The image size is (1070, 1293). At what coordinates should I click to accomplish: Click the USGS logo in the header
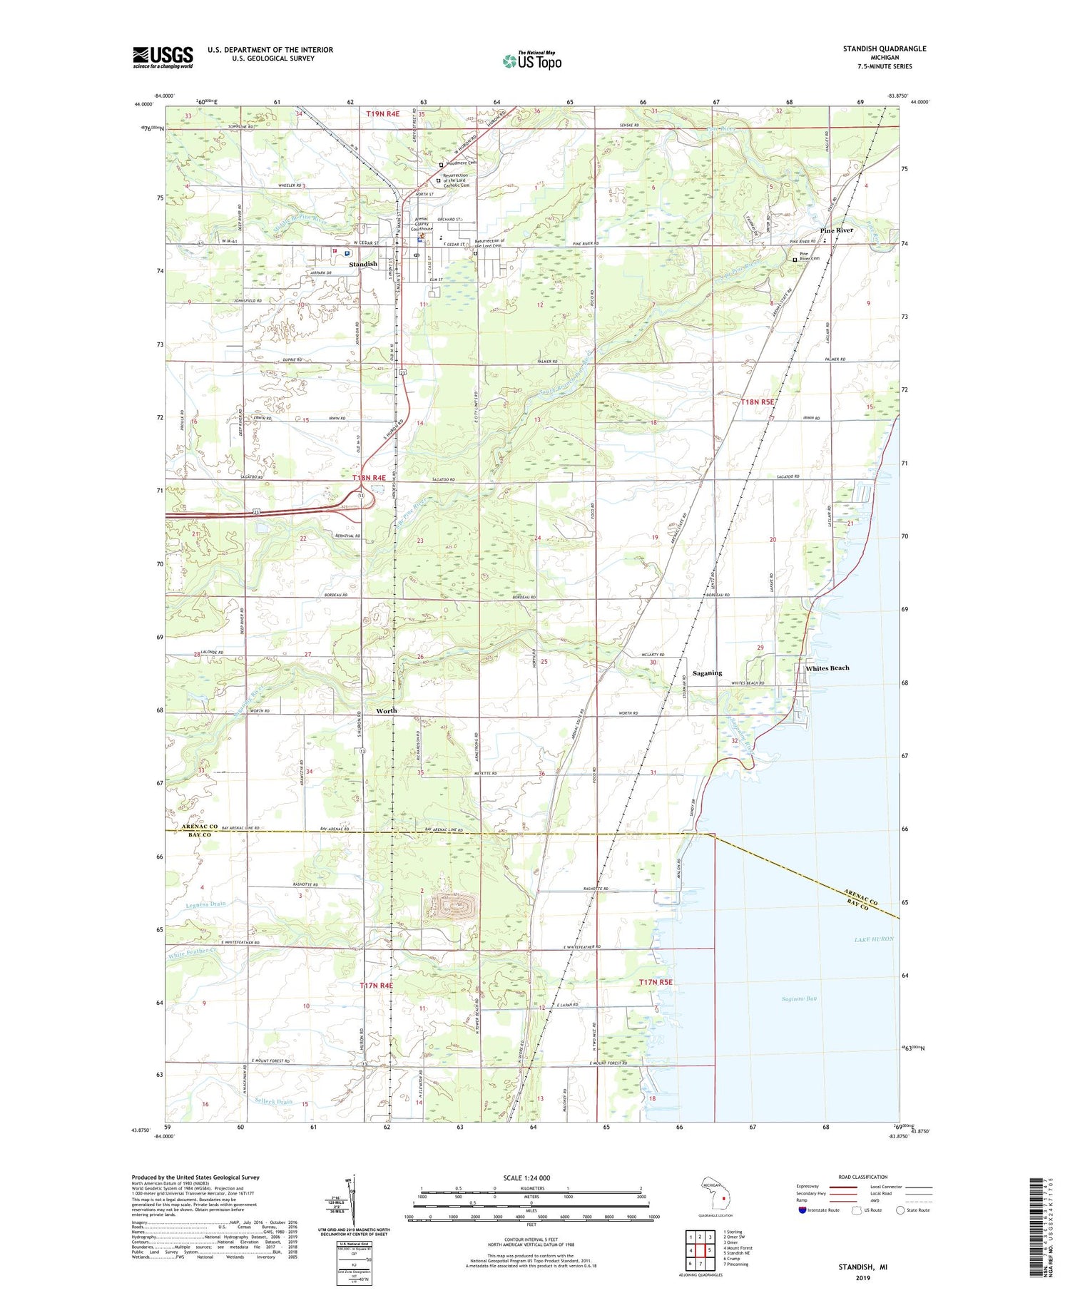pyautogui.click(x=163, y=57)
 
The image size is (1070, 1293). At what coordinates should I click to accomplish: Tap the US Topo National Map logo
pyautogui.click(x=532, y=61)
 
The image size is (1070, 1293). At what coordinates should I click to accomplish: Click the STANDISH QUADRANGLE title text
pyautogui.click(x=884, y=48)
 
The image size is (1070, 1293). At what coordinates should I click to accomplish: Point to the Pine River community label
pyautogui.click(x=836, y=230)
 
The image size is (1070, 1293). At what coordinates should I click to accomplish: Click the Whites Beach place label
pyautogui.click(x=827, y=668)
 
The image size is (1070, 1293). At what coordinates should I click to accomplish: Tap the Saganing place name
pyautogui.click(x=707, y=673)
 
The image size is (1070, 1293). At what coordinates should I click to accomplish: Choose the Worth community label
pyautogui.click(x=386, y=710)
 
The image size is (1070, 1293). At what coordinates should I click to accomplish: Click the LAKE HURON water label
pyautogui.click(x=874, y=939)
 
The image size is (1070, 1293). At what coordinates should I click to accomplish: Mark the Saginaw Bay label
pyautogui.click(x=798, y=998)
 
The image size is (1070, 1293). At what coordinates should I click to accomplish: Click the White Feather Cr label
pyautogui.click(x=190, y=951)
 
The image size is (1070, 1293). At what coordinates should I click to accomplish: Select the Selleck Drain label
pyautogui.click(x=273, y=1101)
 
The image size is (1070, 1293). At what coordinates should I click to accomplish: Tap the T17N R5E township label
pyautogui.click(x=656, y=983)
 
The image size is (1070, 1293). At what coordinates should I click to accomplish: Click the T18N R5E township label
pyautogui.click(x=757, y=402)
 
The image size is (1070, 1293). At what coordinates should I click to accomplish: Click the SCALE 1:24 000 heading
pyautogui.click(x=526, y=1177)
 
